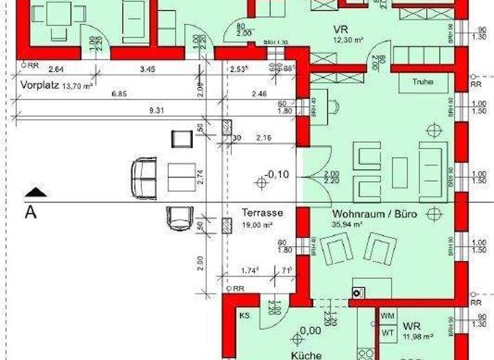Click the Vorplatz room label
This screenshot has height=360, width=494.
[x=40, y=84]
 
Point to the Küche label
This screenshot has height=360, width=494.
[x=301, y=354]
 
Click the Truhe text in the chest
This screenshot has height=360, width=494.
[x=423, y=82]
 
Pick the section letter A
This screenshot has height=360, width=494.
[x=30, y=212]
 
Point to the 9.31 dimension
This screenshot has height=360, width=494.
[x=156, y=111]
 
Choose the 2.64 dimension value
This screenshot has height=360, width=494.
[x=55, y=68]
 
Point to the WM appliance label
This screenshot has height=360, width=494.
[x=387, y=317]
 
